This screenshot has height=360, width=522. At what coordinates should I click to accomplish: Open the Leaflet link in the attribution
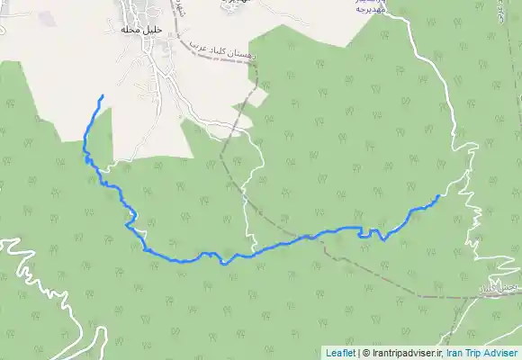[x=340, y=353]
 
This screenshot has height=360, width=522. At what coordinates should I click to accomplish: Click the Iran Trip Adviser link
[x=482, y=353]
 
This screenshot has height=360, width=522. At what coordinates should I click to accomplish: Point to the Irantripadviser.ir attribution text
[x=404, y=353]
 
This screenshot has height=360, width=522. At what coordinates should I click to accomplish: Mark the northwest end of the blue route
[x=102, y=95]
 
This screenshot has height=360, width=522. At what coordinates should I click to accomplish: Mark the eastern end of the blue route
[x=438, y=195]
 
